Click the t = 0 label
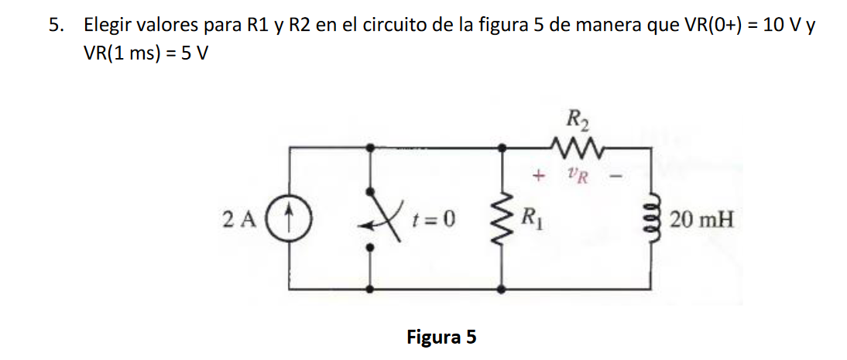tap(434, 220)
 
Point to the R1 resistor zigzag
tap(505, 220)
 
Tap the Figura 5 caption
tap(441, 338)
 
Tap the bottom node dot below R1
tap(505, 288)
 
